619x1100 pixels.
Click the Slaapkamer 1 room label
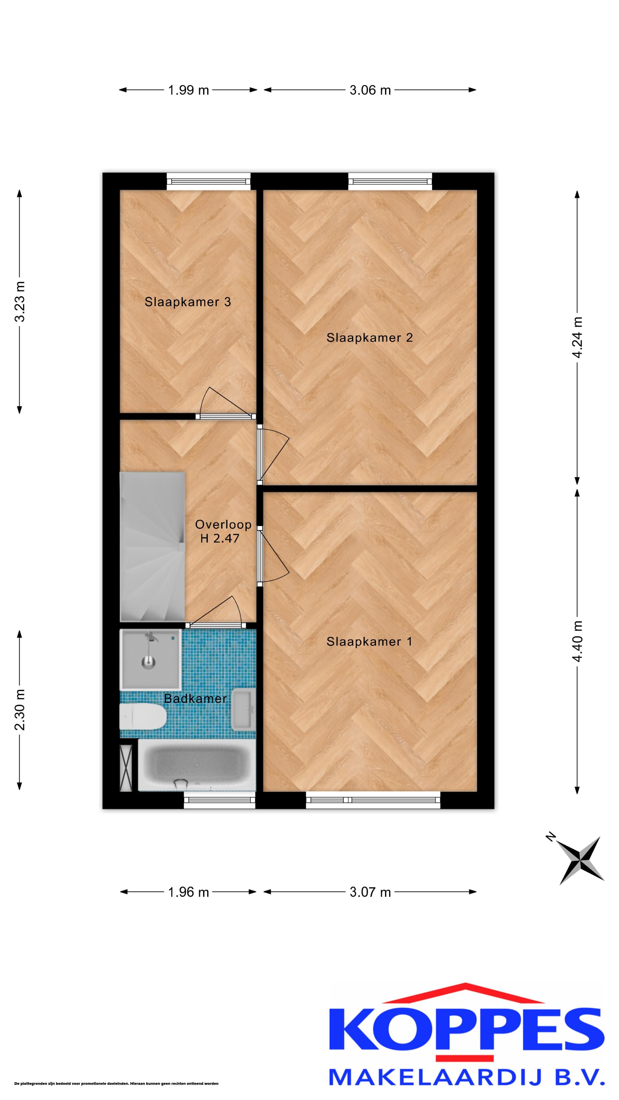point(369,641)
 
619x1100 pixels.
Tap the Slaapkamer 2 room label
point(369,338)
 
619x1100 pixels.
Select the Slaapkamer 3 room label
point(187,302)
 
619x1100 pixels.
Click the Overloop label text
point(223,525)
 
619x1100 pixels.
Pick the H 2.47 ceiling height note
point(220,539)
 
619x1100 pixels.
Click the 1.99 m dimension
point(188,90)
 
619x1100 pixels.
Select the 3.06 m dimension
point(370,90)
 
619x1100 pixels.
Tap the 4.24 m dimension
point(577,337)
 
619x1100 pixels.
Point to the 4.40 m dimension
point(577,641)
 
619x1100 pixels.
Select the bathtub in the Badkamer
point(197,765)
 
